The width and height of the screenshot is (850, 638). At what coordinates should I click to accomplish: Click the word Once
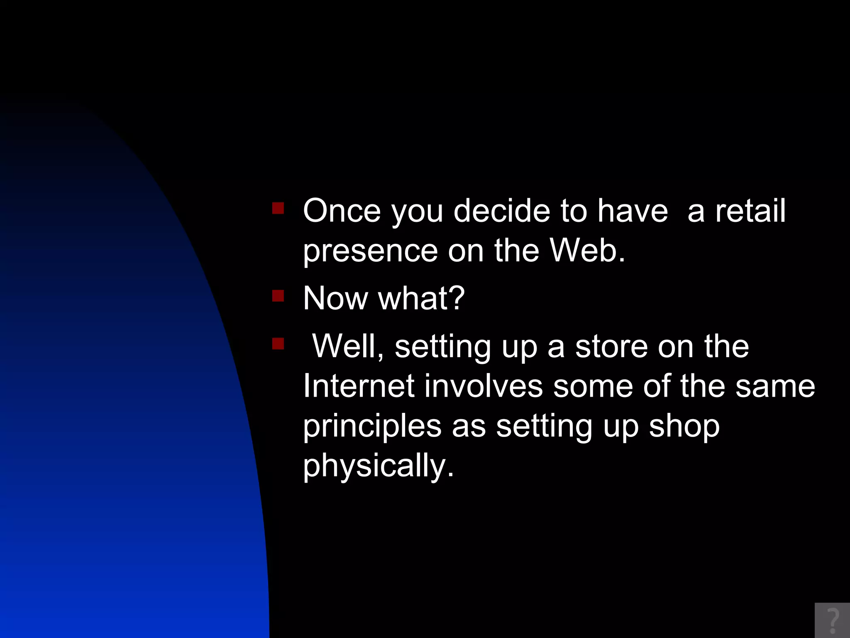342,211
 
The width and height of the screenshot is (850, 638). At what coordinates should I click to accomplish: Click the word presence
370,252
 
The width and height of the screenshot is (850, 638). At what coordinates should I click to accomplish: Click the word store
611,346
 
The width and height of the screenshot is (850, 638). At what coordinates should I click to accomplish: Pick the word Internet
359,386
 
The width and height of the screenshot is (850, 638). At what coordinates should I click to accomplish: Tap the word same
775,386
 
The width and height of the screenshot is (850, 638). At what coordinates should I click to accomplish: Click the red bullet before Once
278,208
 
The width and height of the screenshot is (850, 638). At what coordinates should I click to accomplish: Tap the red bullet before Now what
278,296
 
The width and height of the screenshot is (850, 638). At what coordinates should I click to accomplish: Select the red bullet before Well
278,344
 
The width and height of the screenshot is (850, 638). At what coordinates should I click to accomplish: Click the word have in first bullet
633,211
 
